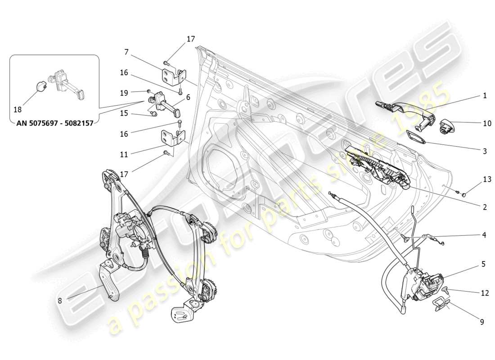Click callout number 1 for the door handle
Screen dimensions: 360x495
[x=485, y=96]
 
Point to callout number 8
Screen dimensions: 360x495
[x=60, y=301]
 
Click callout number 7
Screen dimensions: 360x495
[x=126, y=52]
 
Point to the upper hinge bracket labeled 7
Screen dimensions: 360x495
[x=173, y=76]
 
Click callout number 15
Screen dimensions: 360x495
[x=125, y=113]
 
